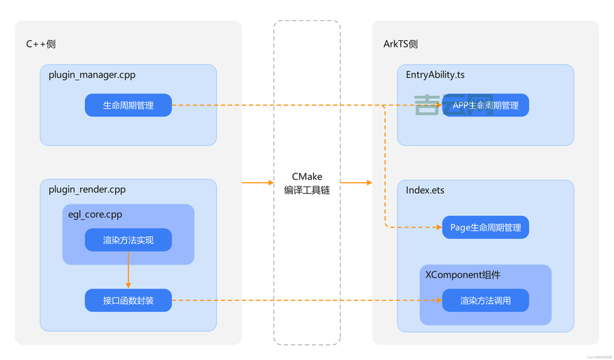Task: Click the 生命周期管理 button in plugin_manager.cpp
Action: click(x=128, y=105)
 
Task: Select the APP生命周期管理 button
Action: click(x=485, y=105)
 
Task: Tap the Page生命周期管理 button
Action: click(x=485, y=228)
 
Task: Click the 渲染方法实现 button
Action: click(x=128, y=240)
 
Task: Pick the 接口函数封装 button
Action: click(x=128, y=300)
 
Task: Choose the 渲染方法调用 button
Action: click(x=485, y=300)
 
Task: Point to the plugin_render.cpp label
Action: click(x=87, y=189)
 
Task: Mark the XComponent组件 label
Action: click(x=463, y=275)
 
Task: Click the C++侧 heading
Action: click(x=41, y=44)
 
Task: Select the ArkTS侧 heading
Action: click(x=400, y=44)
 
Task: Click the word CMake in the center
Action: click(x=307, y=176)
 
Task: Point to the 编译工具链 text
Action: click(x=307, y=191)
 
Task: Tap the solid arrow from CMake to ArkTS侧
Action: click(x=356, y=183)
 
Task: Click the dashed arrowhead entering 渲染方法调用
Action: click(x=438, y=300)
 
